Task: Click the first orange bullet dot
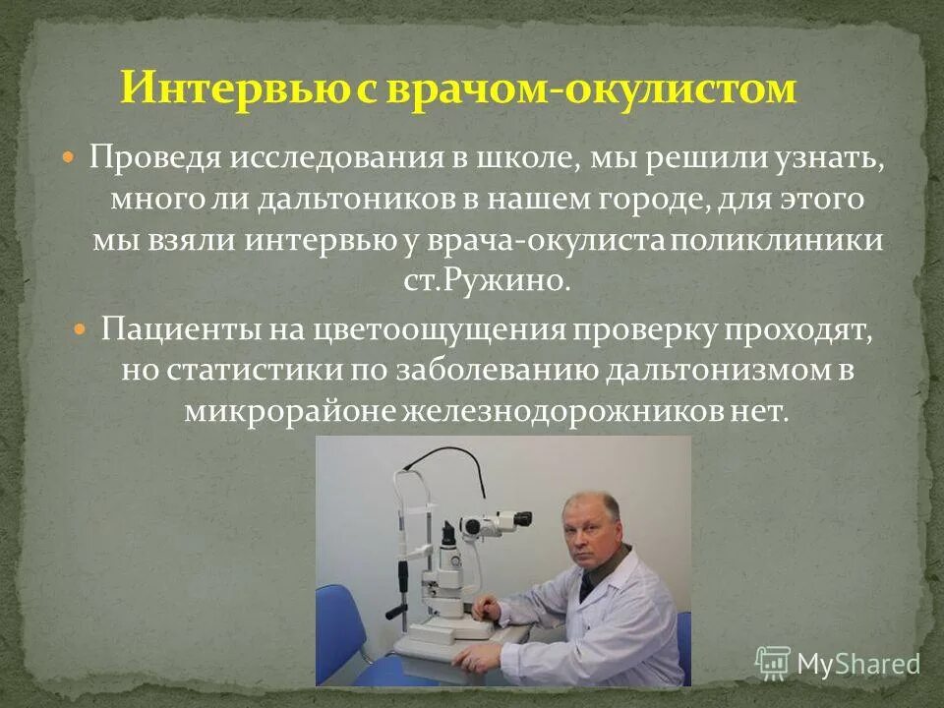pyautogui.click(x=69, y=156)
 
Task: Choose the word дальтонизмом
pyautogui.click(x=722, y=370)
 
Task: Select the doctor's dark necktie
pyautogui.click(x=587, y=587)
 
